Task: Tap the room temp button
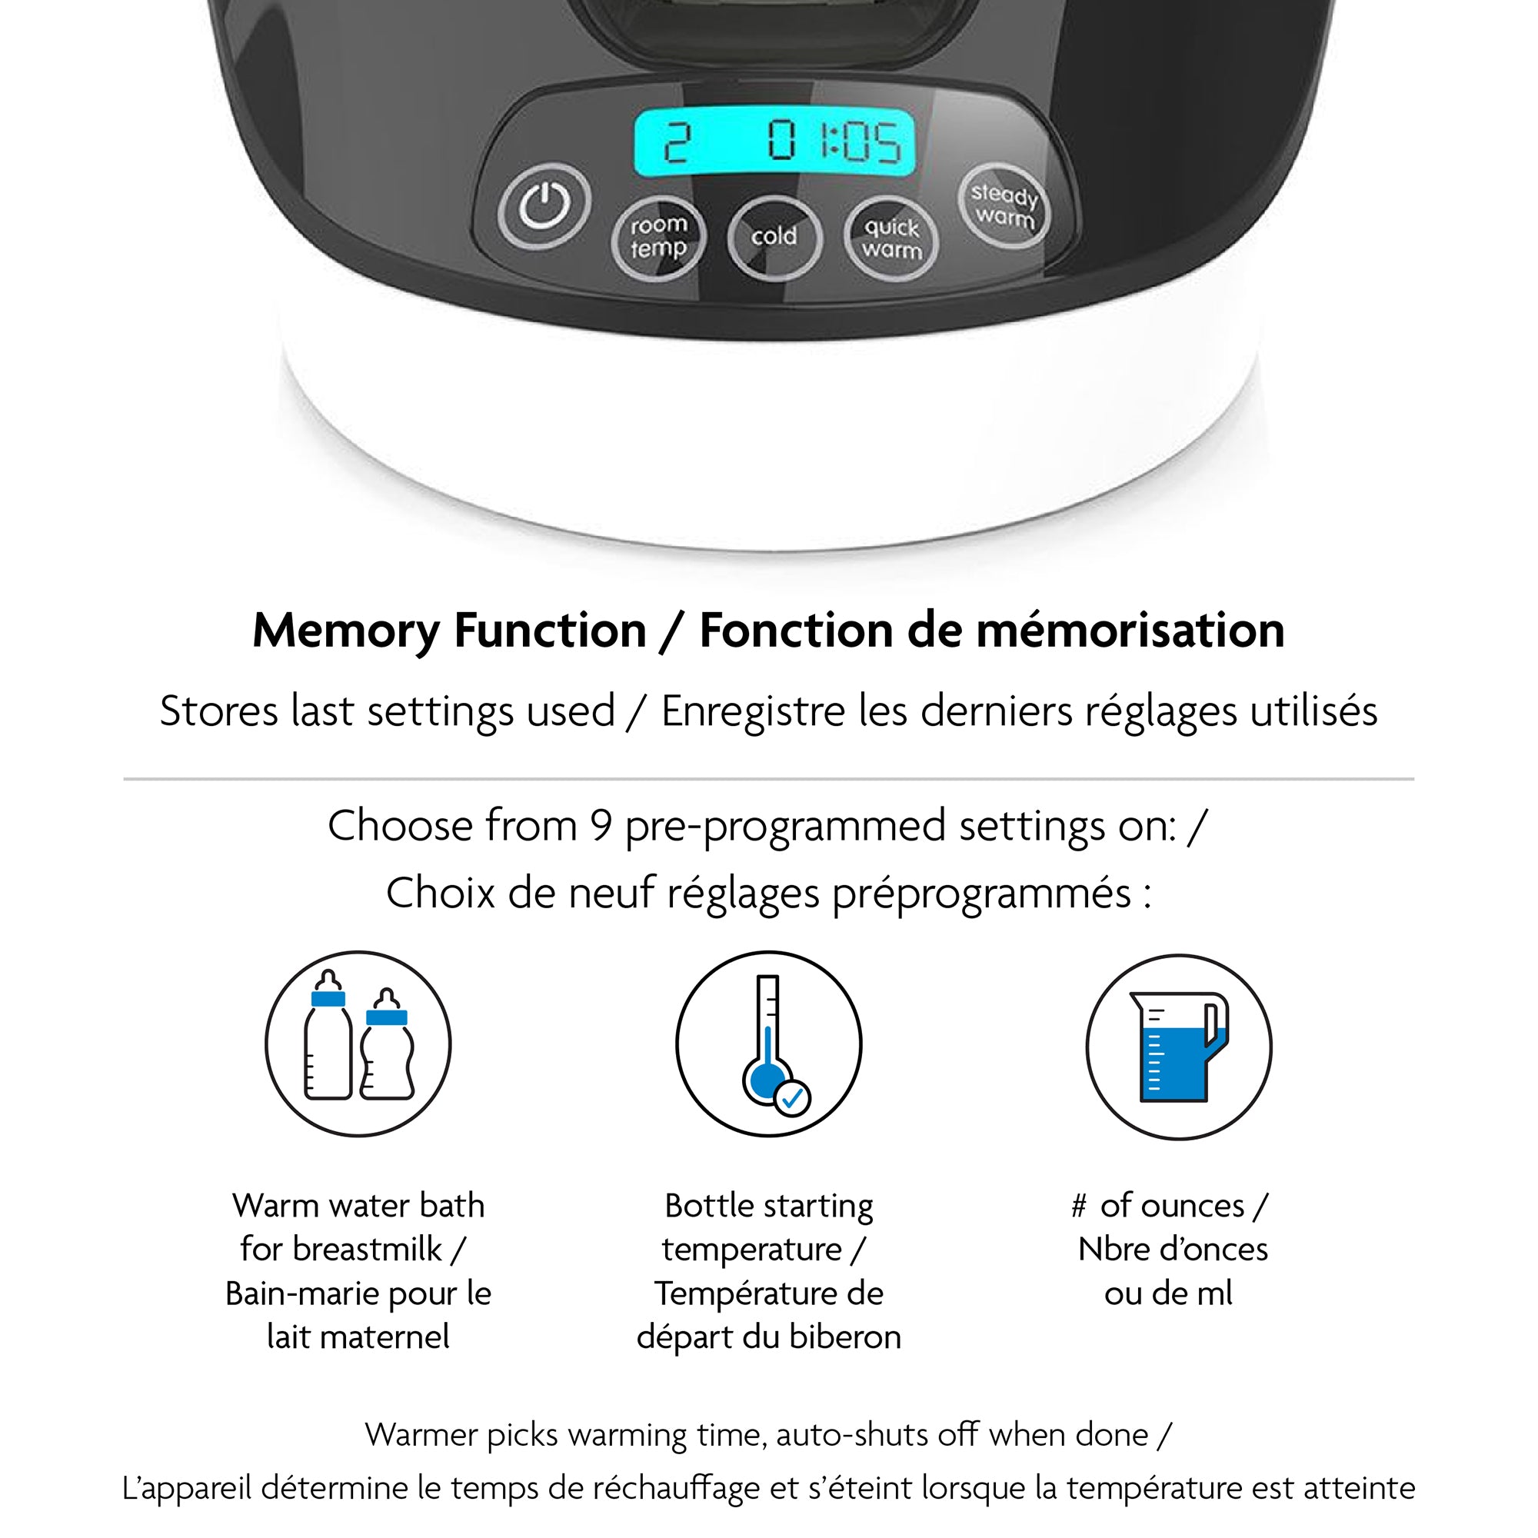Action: [x=658, y=237]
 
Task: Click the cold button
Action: [x=774, y=237]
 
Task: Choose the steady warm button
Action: [x=1004, y=205]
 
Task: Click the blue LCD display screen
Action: [x=774, y=143]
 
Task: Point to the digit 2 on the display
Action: [x=677, y=143]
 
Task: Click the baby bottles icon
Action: [x=358, y=1044]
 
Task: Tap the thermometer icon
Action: [x=769, y=1044]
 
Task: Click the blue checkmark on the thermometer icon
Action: [x=792, y=1099]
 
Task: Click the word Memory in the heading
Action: [x=345, y=632]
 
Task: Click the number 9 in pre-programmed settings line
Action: [x=601, y=827]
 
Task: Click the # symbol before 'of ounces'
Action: [x=1079, y=1207]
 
